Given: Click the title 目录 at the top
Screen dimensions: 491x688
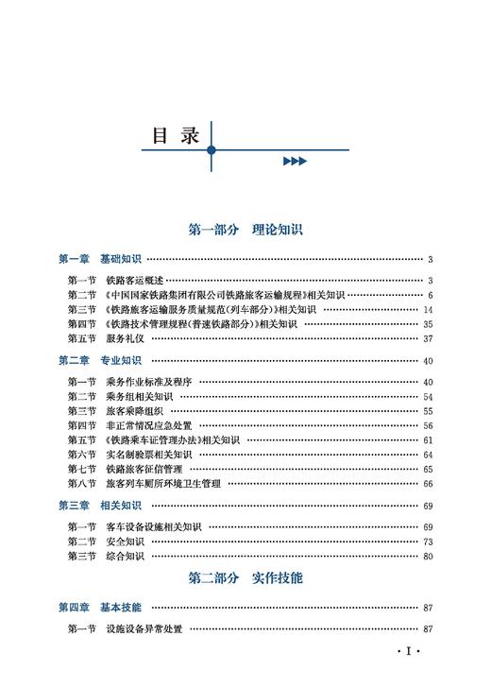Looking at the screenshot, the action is (177, 135).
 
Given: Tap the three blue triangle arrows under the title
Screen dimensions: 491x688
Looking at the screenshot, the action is (295, 162).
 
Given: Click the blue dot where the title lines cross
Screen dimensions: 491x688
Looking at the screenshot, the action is (212, 149).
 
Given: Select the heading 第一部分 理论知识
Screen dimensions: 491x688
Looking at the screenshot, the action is (245, 230).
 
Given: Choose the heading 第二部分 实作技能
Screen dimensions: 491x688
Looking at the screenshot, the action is (245, 577).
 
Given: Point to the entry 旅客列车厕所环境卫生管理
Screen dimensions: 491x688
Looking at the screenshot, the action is (162, 484).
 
